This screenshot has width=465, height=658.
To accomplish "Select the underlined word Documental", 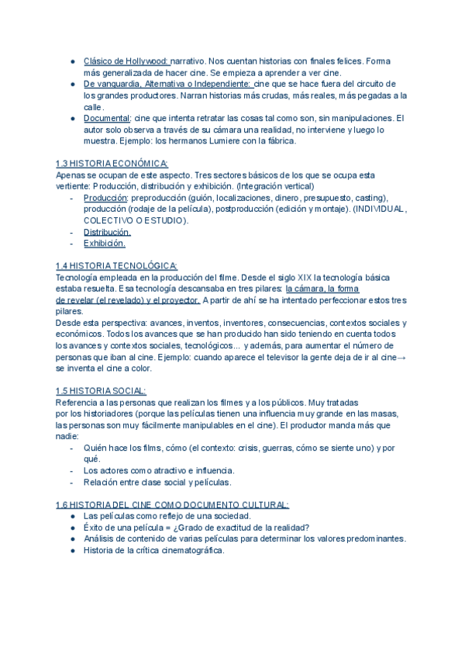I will [107, 118].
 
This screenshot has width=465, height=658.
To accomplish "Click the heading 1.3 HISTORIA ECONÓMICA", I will [112, 164].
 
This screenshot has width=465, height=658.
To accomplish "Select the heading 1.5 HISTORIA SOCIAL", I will [101, 391].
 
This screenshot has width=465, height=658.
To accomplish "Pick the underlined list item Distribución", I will [107, 232].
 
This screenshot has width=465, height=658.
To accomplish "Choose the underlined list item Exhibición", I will [104, 244].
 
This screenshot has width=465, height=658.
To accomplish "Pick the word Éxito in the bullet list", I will [95, 527].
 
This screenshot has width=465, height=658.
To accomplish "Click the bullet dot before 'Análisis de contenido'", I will [72, 539].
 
